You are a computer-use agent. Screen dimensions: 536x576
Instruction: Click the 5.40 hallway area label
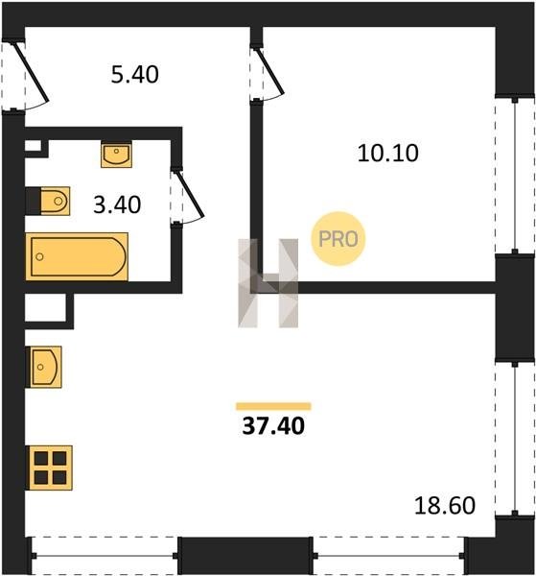pos(135,74)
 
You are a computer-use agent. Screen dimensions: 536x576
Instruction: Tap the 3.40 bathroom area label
pos(117,204)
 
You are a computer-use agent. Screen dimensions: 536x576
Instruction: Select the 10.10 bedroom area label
pos(387,153)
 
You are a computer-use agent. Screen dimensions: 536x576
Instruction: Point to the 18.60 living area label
pos(445,505)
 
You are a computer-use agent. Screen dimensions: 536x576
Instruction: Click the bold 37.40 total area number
pos(273,426)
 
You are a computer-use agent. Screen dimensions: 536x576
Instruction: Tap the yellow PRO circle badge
pos(338,239)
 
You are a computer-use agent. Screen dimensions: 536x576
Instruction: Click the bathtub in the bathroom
pos(77,256)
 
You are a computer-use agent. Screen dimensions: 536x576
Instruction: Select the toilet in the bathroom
pos(55,201)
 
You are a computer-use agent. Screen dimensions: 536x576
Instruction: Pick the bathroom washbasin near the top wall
pos(116,155)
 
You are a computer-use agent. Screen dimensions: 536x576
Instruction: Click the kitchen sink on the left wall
pos(44,367)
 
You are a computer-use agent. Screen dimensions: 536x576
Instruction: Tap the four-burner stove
pos(50,468)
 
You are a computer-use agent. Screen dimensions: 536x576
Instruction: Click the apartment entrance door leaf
pos(32,72)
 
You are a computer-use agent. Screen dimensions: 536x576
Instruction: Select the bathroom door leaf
pos(189,193)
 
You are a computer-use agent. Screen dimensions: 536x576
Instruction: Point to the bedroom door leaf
pos(269,70)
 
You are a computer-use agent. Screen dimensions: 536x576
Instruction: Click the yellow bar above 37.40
pos(273,406)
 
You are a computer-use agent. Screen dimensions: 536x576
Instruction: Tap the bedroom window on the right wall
pos(515,176)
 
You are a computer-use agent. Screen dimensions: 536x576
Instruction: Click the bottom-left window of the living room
pos(105,556)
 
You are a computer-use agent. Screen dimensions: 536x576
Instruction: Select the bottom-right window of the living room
pos(389,556)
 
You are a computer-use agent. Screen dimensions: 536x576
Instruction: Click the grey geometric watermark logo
pos(268,283)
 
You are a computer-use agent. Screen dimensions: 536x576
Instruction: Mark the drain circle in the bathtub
pos(39,256)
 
